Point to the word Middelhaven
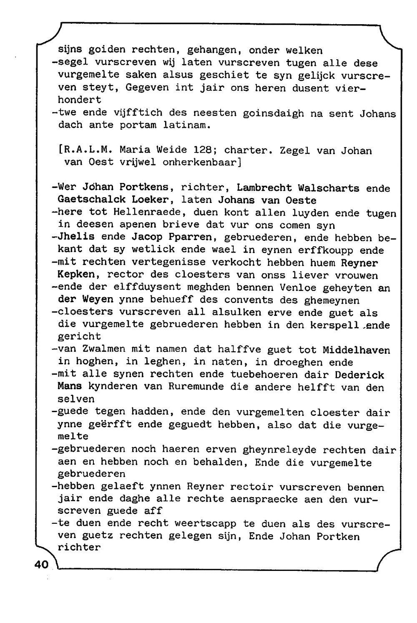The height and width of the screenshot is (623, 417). (x=356, y=350)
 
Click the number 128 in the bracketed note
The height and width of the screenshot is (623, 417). (x=203, y=150)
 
